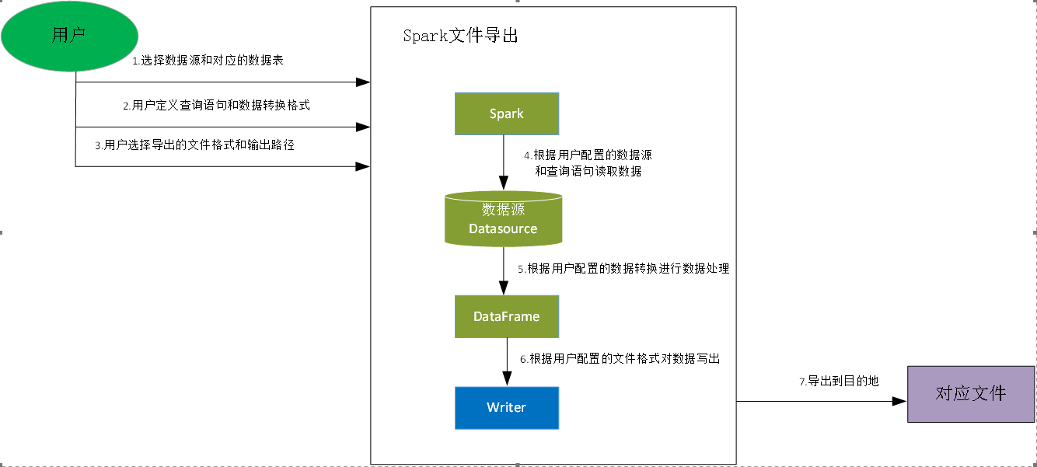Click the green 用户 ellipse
click(69, 36)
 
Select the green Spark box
click(507, 113)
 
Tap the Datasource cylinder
click(503, 219)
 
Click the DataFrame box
click(507, 316)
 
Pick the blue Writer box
click(507, 408)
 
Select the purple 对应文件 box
click(971, 394)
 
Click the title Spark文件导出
click(460, 36)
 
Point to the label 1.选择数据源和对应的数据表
click(208, 60)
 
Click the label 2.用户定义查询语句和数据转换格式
click(216, 105)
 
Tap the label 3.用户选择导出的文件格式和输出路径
click(194, 145)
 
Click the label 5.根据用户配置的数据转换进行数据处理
click(623, 269)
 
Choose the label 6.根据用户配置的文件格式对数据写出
click(620, 359)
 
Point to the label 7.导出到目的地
click(839, 382)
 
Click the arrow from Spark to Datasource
click(505, 163)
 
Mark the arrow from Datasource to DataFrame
click(505, 270)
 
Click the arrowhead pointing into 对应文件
click(900, 402)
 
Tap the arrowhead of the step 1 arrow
click(363, 82)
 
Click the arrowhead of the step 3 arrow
click(363, 166)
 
